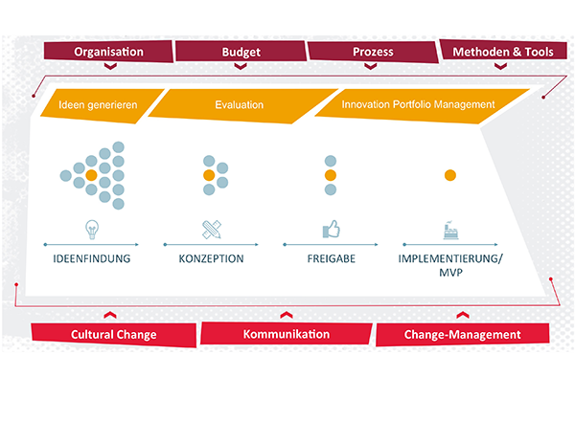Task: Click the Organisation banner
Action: [108, 52]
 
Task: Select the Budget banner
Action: [241, 52]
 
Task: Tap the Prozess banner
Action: [373, 52]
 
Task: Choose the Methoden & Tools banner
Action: [503, 51]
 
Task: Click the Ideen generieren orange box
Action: [102, 105]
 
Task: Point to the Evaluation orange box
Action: [242, 105]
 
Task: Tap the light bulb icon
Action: [92, 230]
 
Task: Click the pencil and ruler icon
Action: [212, 230]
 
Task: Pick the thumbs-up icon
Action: [332, 230]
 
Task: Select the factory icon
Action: [450, 230]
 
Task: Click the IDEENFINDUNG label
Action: [92, 259]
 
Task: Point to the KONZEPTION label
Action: [211, 259]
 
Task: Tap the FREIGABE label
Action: [332, 259]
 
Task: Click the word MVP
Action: [450, 273]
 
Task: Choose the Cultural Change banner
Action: [114, 335]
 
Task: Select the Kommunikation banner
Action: [286, 334]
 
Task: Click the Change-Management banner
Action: [462, 334]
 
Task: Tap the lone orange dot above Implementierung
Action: [450, 175]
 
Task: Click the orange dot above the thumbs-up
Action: [331, 175]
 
